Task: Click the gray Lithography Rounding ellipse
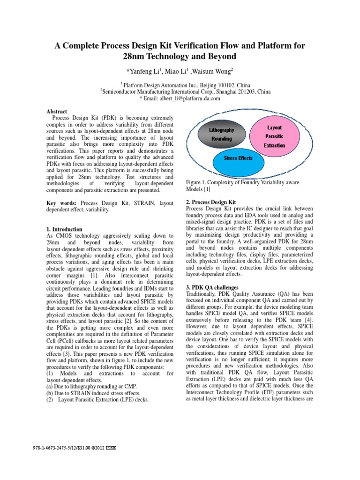coord(222,134)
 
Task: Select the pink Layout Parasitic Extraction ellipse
coord(274,136)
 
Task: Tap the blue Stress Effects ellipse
coord(238,159)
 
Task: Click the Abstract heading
coord(57,112)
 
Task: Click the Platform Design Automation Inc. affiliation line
coord(180,85)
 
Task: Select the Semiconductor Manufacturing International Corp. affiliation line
coord(180,92)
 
